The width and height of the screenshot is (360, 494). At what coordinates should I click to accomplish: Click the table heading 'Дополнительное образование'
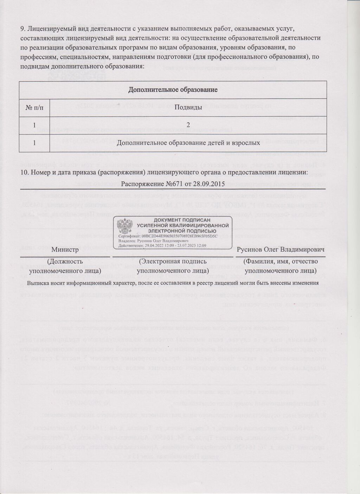click(173, 90)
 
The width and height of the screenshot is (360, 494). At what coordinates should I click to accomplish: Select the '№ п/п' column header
click(34, 108)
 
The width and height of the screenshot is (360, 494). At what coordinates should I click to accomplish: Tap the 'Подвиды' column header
click(188, 108)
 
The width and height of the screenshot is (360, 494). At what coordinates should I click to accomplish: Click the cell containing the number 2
click(188, 125)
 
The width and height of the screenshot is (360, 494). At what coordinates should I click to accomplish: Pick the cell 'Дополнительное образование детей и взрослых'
click(188, 143)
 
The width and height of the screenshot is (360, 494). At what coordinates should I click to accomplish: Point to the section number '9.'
click(23, 28)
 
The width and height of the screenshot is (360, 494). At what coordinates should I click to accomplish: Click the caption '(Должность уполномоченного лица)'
click(65, 266)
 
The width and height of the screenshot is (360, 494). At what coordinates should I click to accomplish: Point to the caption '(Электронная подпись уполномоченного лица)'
click(173, 266)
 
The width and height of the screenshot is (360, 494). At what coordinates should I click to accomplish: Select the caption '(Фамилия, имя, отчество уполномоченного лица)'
click(280, 266)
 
